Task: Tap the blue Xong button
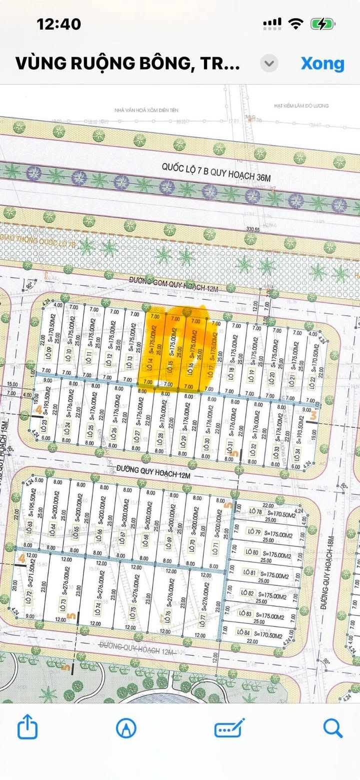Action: (322, 64)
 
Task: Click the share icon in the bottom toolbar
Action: (27, 728)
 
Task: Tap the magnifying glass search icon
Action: (332, 728)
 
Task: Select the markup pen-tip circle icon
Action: (126, 728)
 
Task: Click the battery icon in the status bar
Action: (322, 23)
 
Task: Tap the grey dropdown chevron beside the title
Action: (269, 64)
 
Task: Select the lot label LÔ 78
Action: (255, 511)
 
